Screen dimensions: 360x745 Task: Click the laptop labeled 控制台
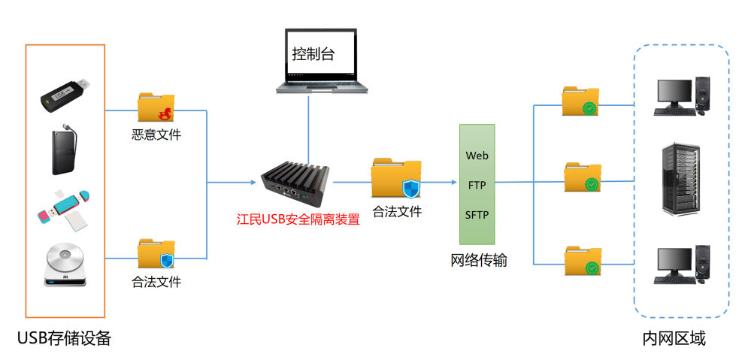click(x=323, y=61)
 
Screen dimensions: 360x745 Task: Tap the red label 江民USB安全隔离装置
click(x=298, y=219)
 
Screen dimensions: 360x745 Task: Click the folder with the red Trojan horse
click(x=156, y=108)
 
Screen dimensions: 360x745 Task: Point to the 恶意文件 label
click(x=156, y=135)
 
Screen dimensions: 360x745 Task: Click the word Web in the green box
click(x=477, y=156)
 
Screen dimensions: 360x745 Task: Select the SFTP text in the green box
click(x=477, y=215)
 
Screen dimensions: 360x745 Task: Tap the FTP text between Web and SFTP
click(x=477, y=185)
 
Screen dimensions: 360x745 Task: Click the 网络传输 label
click(x=479, y=261)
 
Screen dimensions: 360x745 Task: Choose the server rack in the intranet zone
click(x=682, y=180)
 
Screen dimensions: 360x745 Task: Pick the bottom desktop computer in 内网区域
click(x=682, y=264)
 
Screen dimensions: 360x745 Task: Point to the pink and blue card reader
click(x=64, y=207)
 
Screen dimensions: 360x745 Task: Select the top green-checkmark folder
click(x=580, y=101)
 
